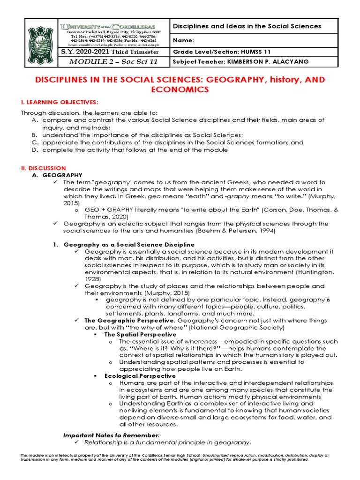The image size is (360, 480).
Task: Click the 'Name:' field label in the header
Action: pos(183,40)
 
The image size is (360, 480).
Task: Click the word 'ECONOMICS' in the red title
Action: pos(180,89)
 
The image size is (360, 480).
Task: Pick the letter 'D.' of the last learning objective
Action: pos(34,150)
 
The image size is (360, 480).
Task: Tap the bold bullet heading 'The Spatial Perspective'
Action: pos(140,335)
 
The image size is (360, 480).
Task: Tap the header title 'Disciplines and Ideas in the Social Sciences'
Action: pos(247,26)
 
